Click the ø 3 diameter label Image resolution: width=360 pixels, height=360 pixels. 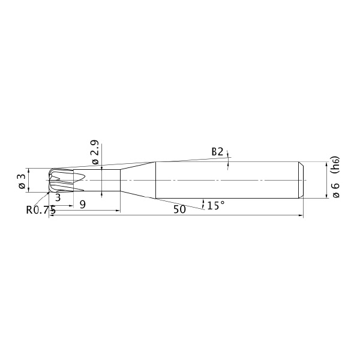click(22, 181)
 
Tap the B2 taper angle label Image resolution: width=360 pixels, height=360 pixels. click(217, 152)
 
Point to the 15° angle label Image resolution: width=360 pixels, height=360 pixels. click(216, 205)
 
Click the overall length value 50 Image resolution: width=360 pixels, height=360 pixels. click(179, 209)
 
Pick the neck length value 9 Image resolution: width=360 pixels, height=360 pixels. click(83, 204)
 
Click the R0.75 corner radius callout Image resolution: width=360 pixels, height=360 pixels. click(41, 210)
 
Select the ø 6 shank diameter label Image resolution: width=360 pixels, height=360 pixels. click(335, 190)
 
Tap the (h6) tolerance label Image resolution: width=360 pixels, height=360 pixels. click(335, 166)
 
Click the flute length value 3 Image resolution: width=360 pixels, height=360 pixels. click(58, 197)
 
